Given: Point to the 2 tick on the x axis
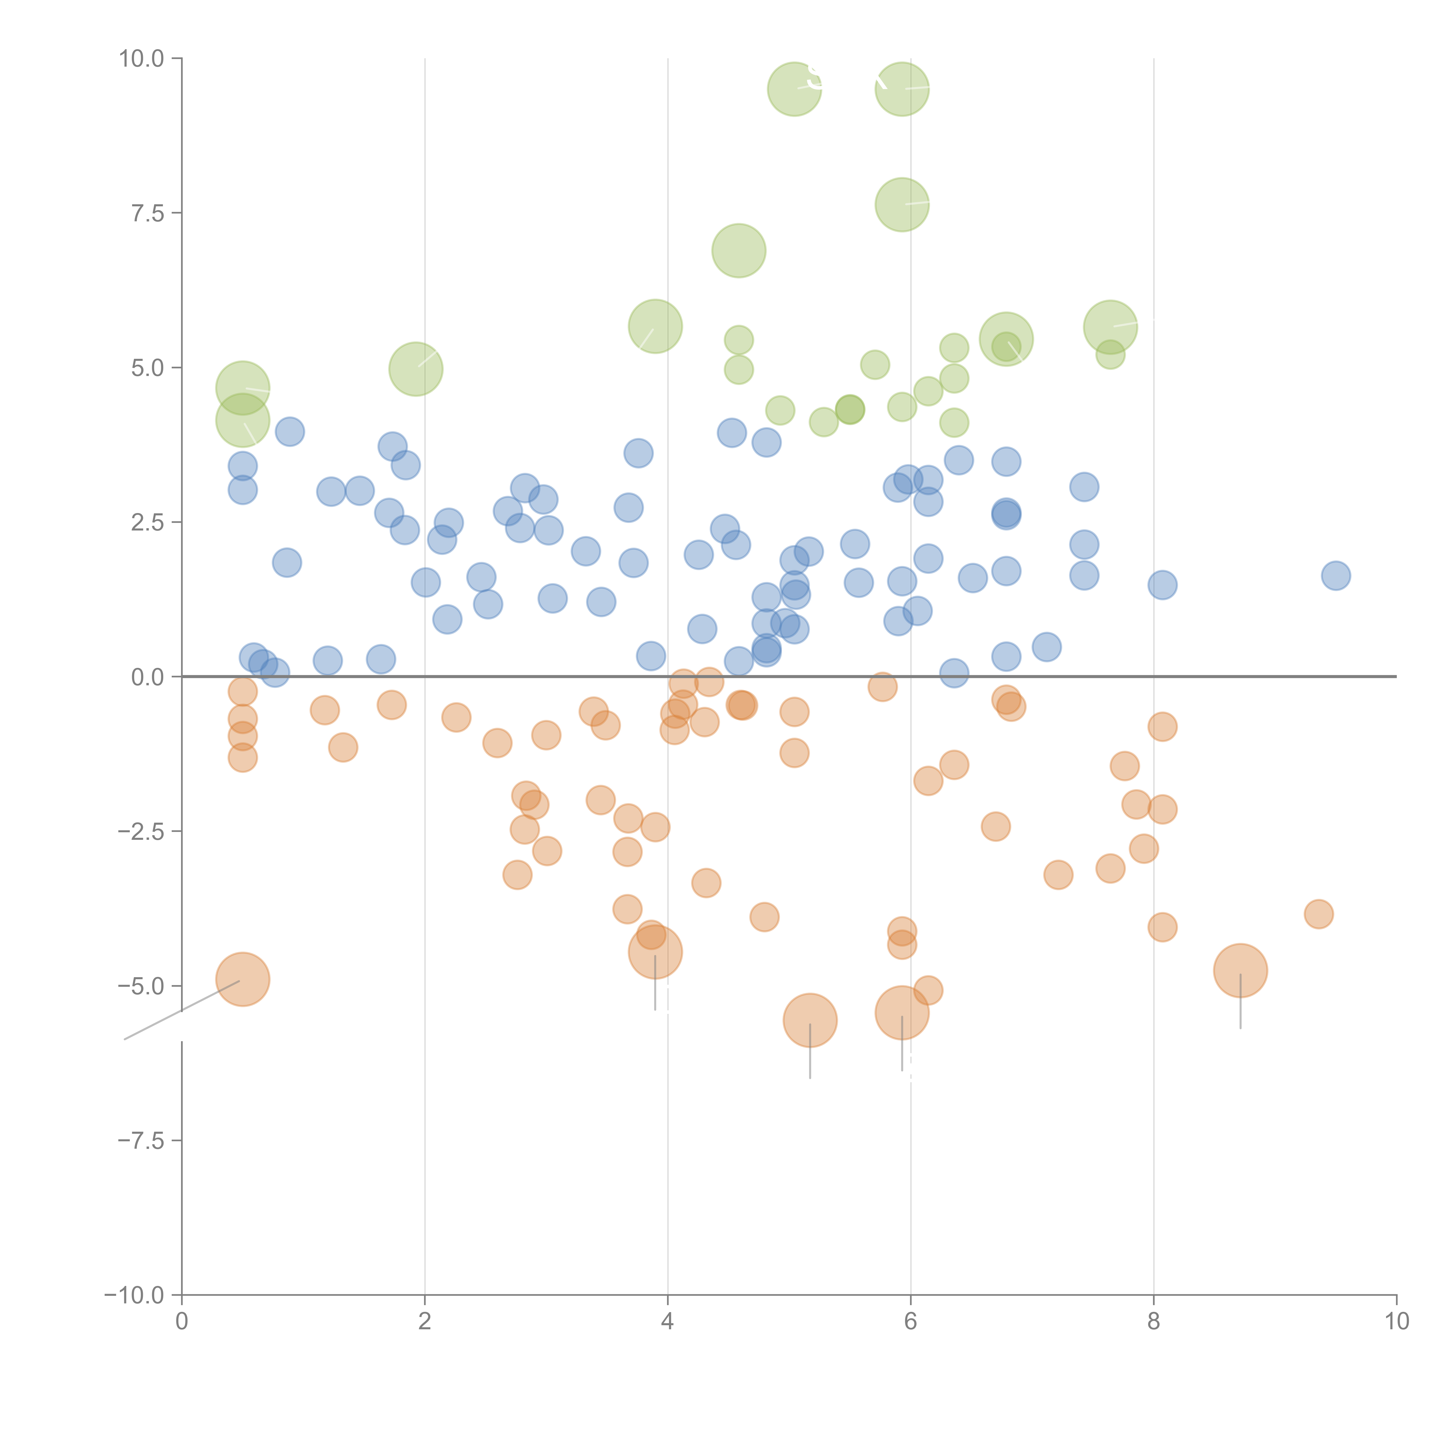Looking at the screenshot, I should [425, 1321].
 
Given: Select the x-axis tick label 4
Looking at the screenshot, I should [667, 1321].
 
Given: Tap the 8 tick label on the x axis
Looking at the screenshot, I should [1154, 1321].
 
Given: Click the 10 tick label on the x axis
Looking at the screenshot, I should [1396, 1321].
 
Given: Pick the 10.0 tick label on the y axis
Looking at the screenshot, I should [142, 59].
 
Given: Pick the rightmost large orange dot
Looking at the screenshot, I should [1240, 971].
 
